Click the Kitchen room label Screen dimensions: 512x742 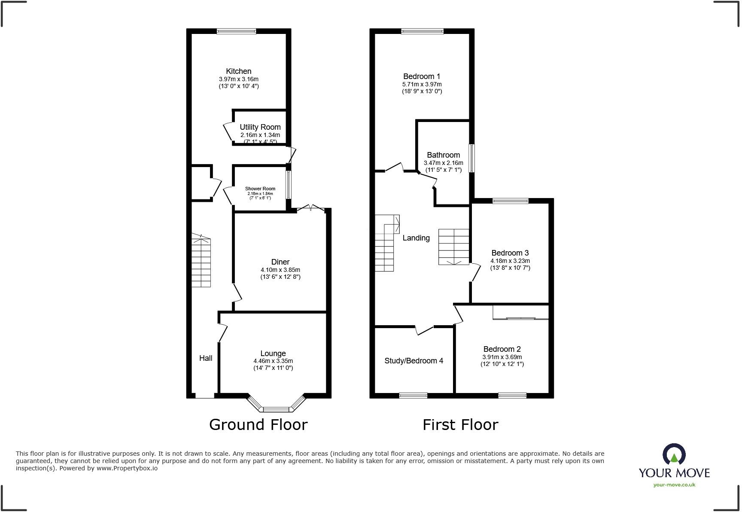238,71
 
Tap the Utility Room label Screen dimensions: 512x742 260,127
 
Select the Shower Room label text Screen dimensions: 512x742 260,189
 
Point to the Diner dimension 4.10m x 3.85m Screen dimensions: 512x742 280,270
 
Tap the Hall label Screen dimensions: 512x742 206,358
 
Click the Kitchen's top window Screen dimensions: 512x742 236,31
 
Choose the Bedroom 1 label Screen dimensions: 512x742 421,76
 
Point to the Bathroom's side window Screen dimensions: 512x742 471,158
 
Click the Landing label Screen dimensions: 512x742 416,238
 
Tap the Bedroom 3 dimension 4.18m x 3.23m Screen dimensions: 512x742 510,261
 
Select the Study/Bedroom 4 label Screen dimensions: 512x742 414,361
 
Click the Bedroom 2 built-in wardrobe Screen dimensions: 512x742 520,312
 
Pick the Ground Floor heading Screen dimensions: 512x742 258,424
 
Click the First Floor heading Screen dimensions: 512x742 460,424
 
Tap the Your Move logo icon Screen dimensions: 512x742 674,454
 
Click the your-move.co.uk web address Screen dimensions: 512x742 674,485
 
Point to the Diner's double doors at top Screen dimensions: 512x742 311,208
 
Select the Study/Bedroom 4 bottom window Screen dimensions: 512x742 413,396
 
